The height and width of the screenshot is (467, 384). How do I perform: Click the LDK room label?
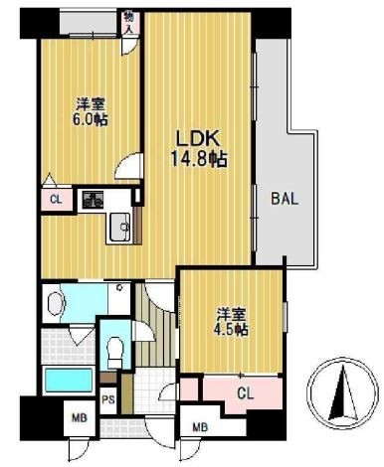point(198,139)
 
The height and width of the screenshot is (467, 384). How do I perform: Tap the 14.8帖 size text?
point(199,159)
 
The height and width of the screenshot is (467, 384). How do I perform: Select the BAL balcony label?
point(285,199)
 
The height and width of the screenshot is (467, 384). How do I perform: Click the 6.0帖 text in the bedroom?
point(91,119)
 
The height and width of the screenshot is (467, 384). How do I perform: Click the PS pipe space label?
point(108,399)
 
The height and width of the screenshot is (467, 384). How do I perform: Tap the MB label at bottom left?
point(80,418)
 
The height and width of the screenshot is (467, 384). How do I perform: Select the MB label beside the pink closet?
point(201,427)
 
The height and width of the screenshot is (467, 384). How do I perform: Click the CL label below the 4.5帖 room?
point(246,393)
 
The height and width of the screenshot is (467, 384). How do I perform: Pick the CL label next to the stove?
point(56,200)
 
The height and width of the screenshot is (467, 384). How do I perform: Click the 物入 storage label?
point(128,22)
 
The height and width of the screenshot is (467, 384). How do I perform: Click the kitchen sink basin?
point(119,227)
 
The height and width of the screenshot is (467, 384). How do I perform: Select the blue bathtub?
point(69,380)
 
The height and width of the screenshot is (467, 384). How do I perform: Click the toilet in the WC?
point(114,351)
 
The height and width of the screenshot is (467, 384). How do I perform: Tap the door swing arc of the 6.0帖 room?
point(123,161)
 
